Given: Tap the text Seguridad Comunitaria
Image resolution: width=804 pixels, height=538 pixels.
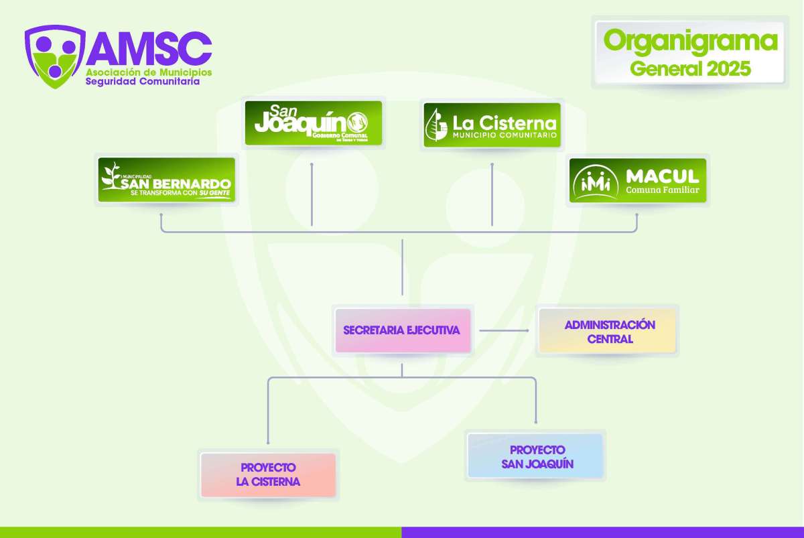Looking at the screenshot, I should click(x=143, y=81).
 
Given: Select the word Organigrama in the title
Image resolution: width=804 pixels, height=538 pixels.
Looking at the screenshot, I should click(x=690, y=42).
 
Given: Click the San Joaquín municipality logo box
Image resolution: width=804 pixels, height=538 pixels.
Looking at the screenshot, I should click(x=313, y=123).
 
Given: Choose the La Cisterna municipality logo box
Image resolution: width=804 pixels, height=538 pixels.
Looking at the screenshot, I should click(x=492, y=125).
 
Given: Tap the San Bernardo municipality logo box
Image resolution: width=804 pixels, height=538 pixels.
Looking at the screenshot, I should click(x=167, y=180).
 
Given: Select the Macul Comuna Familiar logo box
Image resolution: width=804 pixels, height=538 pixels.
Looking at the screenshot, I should click(x=638, y=180).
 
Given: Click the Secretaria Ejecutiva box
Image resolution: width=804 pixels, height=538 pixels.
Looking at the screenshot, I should click(x=402, y=330).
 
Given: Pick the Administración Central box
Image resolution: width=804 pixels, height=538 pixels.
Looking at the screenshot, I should click(x=609, y=331).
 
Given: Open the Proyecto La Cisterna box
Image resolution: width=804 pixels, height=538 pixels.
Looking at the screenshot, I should click(x=268, y=475).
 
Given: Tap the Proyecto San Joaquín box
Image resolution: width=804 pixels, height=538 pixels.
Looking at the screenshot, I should click(x=536, y=456).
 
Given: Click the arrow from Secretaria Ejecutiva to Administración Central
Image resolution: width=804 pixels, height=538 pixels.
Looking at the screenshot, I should click(x=505, y=330).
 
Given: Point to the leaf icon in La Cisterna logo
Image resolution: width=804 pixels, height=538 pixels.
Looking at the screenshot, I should click(x=438, y=125).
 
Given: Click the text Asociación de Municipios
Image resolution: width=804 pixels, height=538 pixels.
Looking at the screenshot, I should click(x=149, y=71).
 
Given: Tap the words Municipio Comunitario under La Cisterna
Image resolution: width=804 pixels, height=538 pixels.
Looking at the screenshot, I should click(x=505, y=136).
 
